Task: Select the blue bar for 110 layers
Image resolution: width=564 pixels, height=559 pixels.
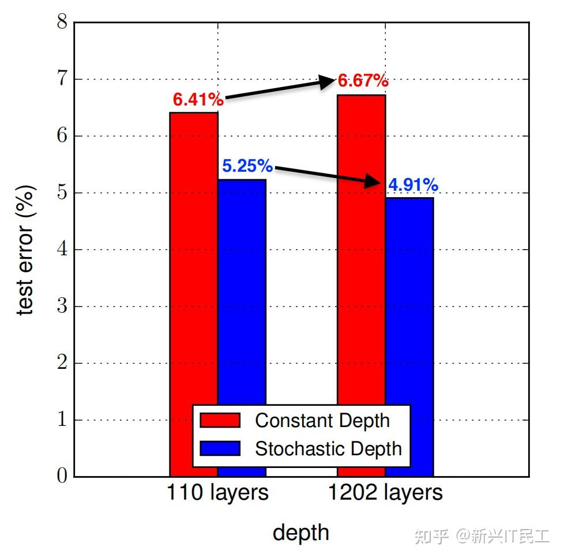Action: (x=242, y=288)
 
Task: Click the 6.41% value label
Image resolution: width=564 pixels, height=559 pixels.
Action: (x=198, y=100)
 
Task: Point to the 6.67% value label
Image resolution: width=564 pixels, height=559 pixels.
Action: (x=363, y=81)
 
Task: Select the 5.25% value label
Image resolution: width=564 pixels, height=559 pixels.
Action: (x=247, y=166)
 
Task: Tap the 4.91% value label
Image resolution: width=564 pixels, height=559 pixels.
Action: (x=413, y=185)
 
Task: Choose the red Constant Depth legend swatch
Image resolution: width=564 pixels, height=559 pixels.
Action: (x=220, y=420)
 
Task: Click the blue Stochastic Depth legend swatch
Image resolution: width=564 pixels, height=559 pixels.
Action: (x=220, y=448)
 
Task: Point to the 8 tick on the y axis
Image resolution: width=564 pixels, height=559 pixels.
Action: (x=62, y=23)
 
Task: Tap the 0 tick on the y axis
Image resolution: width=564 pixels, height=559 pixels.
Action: (x=62, y=477)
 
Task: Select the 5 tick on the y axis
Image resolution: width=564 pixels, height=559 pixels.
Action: (x=62, y=193)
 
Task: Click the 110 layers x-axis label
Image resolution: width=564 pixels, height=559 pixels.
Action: (x=217, y=493)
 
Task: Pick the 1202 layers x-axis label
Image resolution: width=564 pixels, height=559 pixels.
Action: (x=385, y=493)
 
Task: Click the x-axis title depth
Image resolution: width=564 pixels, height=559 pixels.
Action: (x=301, y=532)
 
